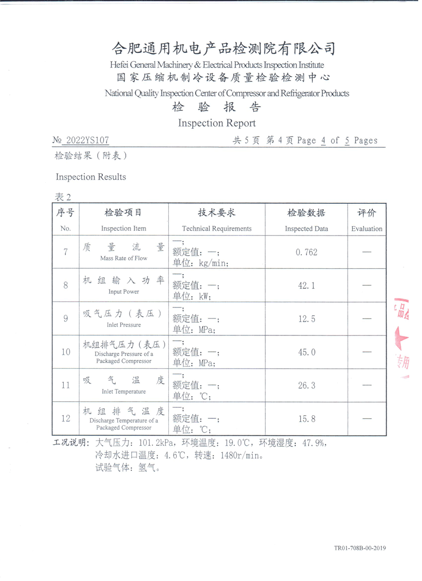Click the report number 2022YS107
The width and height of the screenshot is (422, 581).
[87, 140]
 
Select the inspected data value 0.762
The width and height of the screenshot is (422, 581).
[307, 252]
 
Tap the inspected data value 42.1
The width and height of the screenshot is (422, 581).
[307, 286]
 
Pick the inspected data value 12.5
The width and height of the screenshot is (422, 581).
[307, 318]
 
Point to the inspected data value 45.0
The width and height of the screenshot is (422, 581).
[307, 352]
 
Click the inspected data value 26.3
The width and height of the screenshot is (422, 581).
[307, 386]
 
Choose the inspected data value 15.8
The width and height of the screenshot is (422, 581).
[307, 419]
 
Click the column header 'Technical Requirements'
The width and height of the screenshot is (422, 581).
[217, 229]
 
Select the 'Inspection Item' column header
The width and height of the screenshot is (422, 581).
[123, 229]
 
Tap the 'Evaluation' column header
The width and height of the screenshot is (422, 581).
[367, 229]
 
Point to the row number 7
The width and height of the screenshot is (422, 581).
[65, 252]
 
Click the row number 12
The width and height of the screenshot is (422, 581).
[65, 419]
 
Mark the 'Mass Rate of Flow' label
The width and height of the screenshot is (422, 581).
[123, 259]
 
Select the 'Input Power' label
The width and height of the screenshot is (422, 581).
[123, 292]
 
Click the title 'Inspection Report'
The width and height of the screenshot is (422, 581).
[217, 123]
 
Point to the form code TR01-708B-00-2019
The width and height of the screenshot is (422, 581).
[359, 548]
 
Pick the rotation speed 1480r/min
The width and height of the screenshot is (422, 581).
[235, 455]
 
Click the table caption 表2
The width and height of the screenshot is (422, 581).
[63, 197]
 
